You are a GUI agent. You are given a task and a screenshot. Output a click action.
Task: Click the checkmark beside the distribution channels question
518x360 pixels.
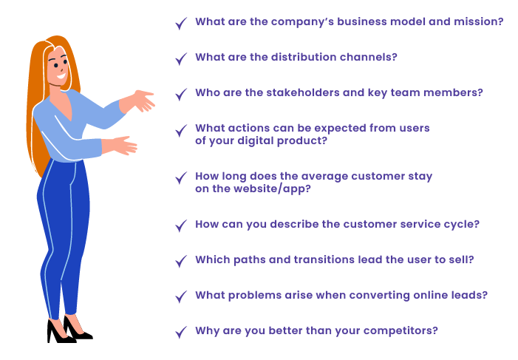point(181,59)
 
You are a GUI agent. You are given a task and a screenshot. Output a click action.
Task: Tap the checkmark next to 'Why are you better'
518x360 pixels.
point(181,332)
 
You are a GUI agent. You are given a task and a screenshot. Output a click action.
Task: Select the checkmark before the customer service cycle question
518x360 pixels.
point(181,225)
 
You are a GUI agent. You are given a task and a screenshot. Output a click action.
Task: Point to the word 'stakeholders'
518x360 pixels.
point(303,92)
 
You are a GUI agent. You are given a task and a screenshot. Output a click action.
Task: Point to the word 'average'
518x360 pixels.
point(324,177)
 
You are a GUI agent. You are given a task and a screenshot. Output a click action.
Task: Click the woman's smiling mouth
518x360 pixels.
point(61,76)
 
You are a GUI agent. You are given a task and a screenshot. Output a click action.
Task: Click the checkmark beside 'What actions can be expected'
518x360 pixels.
point(181,130)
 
